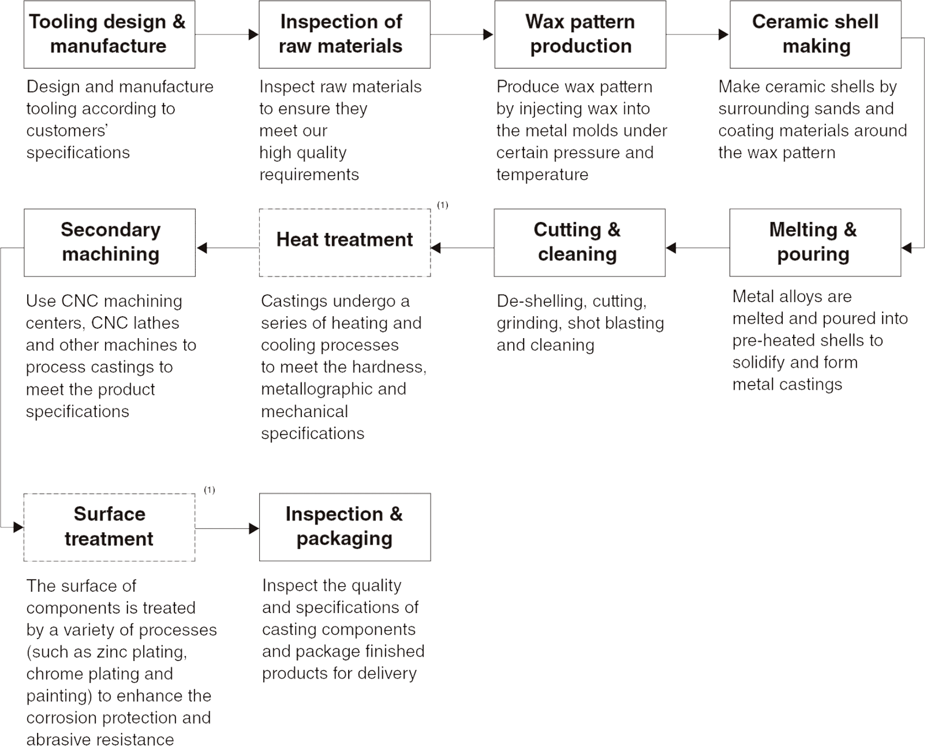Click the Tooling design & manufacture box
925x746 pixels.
pyautogui.click(x=109, y=34)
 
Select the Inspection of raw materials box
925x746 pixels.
pyautogui.click(x=344, y=34)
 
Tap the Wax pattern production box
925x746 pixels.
pyautogui.click(x=580, y=34)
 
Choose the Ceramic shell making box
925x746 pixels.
pyautogui.click(x=816, y=34)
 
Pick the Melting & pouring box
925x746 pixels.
pyautogui.click(x=815, y=243)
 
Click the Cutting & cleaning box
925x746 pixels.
pyautogui.click(x=580, y=243)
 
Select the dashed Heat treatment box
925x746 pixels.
pyautogui.click(x=345, y=243)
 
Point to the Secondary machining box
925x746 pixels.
pyautogui.click(x=109, y=243)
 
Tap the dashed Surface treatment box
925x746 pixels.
pyautogui.click(x=109, y=527)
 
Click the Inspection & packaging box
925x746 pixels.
pyautogui.click(x=345, y=527)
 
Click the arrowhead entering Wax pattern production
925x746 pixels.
pyautogui.click(x=489, y=34)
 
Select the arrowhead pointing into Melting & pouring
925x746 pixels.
pyautogui.click(x=906, y=248)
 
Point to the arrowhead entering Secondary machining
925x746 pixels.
pyautogui.click(x=202, y=248)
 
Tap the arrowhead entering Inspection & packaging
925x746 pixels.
pyautogui.click(x=253, y=528)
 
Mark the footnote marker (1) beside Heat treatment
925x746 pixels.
pyautogui.click(x=442, y=205)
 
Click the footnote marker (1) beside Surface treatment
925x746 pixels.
pyautogui.click(x=209, y=490)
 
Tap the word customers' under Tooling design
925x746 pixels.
pyautogui.click(x=67, y=131)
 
